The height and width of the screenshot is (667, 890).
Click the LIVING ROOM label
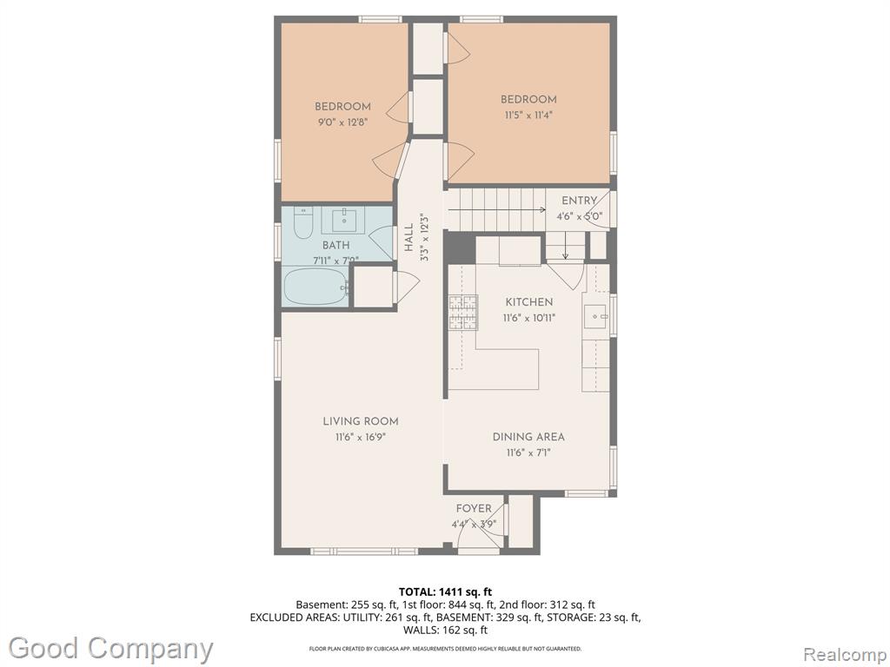361,421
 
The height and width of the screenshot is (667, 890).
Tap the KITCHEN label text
529,302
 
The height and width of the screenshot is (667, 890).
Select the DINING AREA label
528,437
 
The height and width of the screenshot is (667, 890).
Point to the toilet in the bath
303,223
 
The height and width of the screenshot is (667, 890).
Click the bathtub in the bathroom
315,287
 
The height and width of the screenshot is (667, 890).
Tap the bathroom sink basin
344,220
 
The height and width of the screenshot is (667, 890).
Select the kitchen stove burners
463,313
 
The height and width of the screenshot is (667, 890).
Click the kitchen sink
596,315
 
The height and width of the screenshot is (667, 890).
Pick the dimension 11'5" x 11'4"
527,116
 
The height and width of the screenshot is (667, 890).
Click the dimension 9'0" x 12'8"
342,122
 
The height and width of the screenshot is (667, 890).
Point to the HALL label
409,237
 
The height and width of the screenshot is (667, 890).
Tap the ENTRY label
579,201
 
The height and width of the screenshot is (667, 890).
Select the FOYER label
474,509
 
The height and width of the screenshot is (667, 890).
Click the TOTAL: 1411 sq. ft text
446,592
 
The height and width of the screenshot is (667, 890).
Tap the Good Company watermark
110,650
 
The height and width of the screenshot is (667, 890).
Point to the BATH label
336,246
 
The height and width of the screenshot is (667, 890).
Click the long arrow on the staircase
496,210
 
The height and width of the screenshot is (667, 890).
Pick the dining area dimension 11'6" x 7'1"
528,453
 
